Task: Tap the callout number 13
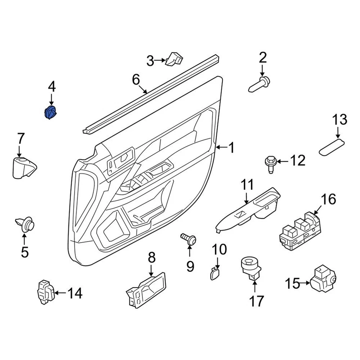339,121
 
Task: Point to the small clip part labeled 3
174,58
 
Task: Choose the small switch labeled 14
46,291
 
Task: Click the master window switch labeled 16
300,231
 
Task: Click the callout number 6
135,79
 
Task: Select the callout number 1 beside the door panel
231,148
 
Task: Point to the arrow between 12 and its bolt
282,161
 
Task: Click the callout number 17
257,301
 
